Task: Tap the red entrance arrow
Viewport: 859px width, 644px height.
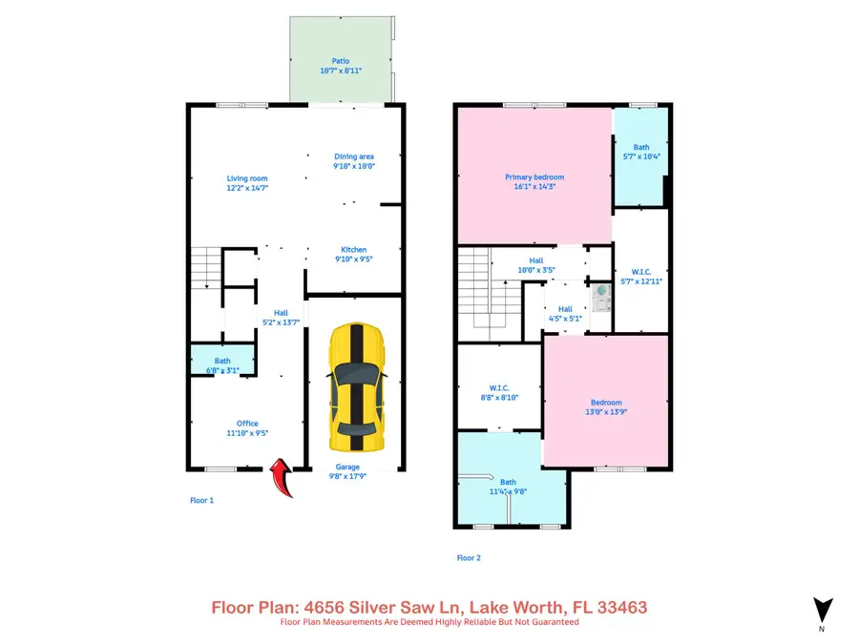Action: point(282,477)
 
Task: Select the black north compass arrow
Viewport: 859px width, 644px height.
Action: point(822,610)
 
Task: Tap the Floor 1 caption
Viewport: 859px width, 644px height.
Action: point(200,500)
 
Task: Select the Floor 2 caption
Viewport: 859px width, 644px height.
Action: point(468,558)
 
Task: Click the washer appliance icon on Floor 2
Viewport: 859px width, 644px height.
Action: point(600,297)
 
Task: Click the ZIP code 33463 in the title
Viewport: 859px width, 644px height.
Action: point(624,607)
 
